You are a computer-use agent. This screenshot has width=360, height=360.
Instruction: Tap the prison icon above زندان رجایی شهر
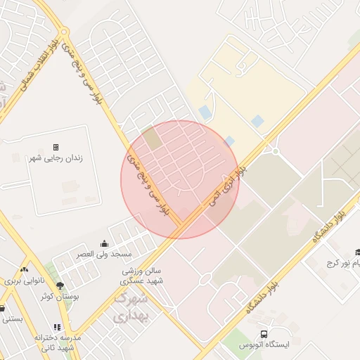tap(56, 147)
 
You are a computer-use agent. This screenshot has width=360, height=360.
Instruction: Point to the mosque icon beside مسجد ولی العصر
tap(105, 243)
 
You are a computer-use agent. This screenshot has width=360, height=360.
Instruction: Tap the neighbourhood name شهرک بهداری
tap(130, 307)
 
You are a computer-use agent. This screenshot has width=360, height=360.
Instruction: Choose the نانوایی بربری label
tap(25, 281)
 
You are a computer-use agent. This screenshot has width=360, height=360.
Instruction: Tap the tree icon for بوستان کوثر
tap(60, 285)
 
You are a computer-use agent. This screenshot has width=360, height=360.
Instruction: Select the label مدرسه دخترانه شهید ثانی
tap(58, 342)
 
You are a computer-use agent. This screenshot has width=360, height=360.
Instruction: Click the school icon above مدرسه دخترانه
tap(56, 328)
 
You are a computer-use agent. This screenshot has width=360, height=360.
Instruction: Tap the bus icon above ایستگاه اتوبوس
tap(264, 335)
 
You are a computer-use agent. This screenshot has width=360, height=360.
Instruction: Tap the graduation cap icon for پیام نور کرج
tap(356, 253)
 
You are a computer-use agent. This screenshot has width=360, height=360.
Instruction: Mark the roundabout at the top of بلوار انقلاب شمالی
tap(64, 32)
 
